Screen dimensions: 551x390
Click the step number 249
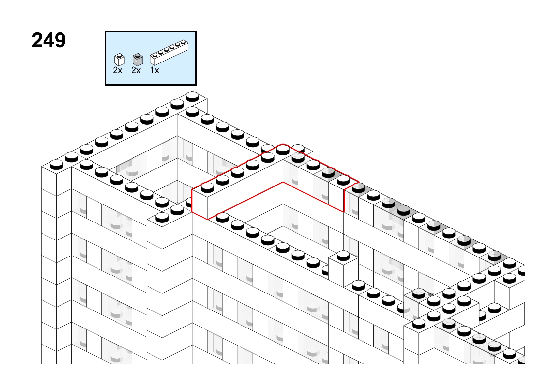point(49,40)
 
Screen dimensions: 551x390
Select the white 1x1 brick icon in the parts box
point(119,60)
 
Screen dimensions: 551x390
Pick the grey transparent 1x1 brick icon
point(137,60)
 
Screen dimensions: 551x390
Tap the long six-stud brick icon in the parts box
point(169,52)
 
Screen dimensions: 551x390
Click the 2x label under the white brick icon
point(117,70)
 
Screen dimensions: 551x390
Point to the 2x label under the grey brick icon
point(136,70)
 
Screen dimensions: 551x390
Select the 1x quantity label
point(154,70)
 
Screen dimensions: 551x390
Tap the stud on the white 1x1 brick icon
point(120,55)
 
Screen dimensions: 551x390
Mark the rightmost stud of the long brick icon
point(183,42)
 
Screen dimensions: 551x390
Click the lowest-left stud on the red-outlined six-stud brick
point(207,187)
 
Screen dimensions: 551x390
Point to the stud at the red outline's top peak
point(283,150)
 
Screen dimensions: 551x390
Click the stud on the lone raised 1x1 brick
point(343,256)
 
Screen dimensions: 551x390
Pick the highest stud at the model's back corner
point(192,97)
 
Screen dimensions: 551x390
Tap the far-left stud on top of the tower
point(56,165)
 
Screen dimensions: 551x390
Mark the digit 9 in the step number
point(60,40)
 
